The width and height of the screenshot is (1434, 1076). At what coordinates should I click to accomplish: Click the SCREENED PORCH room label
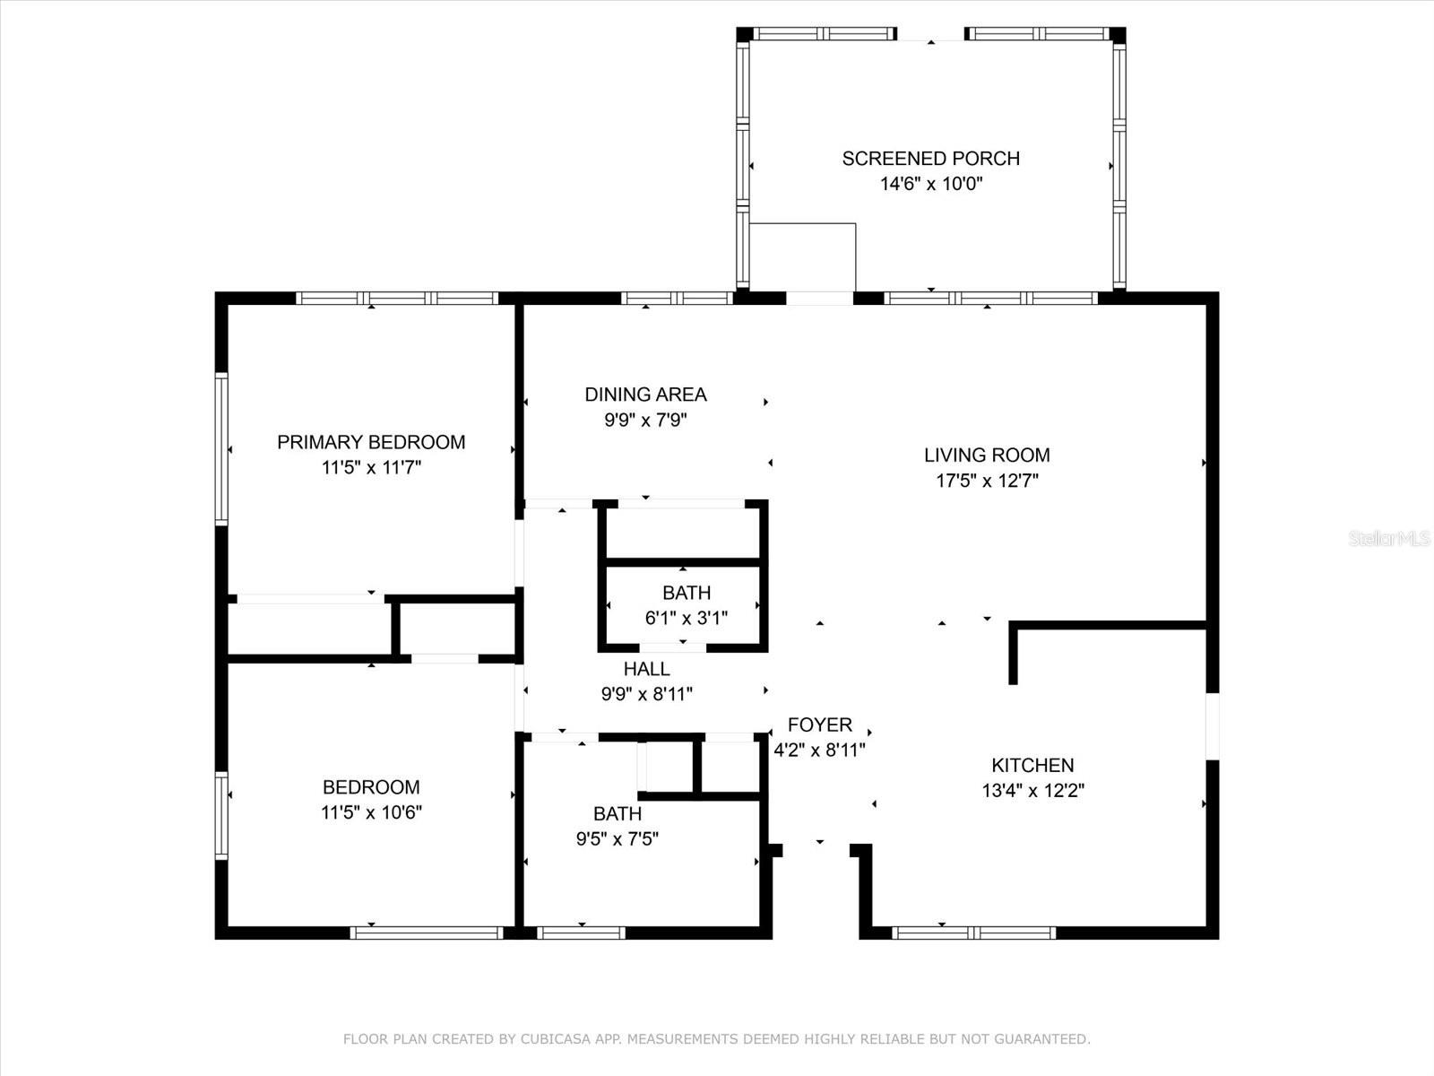click(x=930, y=159)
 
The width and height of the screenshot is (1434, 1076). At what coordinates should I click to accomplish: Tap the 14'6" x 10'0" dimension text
click(x=931, y=184)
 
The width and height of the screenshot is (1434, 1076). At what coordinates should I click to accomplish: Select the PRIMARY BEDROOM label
click(x=371, y=442)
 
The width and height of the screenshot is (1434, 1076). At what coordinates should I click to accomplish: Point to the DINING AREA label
click(x=645, y=395)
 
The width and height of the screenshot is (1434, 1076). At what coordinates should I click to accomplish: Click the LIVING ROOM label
click(x=987, y=456)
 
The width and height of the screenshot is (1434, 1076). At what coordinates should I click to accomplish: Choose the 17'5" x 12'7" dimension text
click(x=987, y=481)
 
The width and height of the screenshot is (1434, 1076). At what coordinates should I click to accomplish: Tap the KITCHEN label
click(x=1032, y=765)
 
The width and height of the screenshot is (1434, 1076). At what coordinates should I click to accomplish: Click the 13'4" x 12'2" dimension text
click(x=1032, y=791)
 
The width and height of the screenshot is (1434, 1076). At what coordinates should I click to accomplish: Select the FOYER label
click(x=819, y=725)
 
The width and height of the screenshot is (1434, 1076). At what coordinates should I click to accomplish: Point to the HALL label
click(x=646, y=669)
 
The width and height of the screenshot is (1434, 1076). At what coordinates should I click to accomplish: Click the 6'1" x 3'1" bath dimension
click(x=686, y=618)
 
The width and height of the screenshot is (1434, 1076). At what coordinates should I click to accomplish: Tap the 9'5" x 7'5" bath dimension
click(x=617, y=839)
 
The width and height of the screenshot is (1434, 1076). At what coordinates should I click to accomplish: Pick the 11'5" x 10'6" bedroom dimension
click(x=371, y=812)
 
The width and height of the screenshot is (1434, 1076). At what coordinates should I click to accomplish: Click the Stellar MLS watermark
click(x=1389, y=539)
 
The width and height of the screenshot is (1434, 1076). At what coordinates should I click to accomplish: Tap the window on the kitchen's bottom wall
click(x=973, y=933)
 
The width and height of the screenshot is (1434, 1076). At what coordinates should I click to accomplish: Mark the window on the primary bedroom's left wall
click(x=221, y=449)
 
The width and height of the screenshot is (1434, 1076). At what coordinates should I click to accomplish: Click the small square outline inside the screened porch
click(x=802, y=256)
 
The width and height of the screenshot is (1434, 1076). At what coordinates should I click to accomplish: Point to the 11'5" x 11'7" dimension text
click(x=371, y=468)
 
